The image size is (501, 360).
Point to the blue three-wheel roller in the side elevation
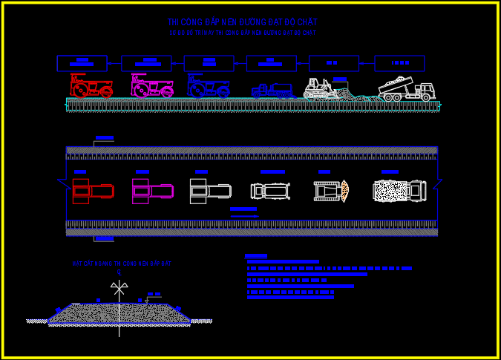(x=208, y=86)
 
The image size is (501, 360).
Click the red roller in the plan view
(x=93, y=191)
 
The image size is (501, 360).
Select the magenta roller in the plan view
(x=152, y=191)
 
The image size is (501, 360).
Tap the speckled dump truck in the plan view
(x=399, y=191)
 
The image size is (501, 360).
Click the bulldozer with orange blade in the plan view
(x=331, y=191)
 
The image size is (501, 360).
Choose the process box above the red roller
(x=82, y=63)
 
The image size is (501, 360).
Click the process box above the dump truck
(x=399, y=63)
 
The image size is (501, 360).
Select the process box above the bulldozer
(x=333, y=63)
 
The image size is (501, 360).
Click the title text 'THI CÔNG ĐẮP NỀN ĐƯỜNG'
(x=242, y=22)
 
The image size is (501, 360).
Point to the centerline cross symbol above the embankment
(x=119, y=287)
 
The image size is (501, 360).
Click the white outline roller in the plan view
(x=209, y=191)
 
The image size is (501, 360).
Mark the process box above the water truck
(x=272, y=63)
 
